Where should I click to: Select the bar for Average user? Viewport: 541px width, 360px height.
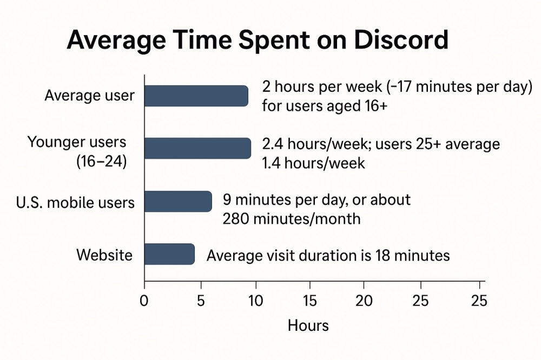[196, 96]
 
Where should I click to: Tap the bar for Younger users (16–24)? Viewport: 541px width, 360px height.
[197, 148]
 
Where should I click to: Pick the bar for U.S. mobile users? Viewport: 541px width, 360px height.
[178, 202]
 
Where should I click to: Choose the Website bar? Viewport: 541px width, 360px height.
[169, 254]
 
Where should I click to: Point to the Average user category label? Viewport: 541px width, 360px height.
[89, 96]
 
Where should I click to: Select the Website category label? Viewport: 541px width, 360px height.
[104, 254]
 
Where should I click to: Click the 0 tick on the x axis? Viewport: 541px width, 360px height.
[144, 300]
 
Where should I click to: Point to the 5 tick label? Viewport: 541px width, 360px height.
[201, 300]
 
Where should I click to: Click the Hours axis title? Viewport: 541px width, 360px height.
[308, 325]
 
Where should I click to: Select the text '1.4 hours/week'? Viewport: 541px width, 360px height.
[314, 162]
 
